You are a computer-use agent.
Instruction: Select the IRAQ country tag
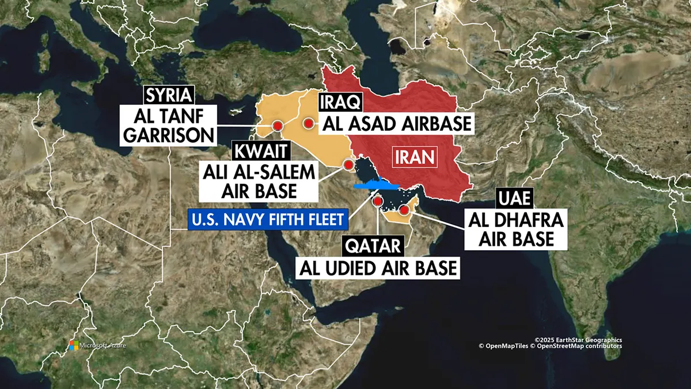(340, 103)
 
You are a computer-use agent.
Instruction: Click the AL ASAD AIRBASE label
(397, 123)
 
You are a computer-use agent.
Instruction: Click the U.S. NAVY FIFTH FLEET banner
(268, 219)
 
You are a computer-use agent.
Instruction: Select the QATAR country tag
(372, 246)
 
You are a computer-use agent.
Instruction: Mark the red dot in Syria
(278, 126)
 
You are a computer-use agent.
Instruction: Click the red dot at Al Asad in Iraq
(309, 123)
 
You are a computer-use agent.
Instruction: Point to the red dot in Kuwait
(348, 165)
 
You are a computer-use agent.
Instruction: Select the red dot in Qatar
(378, 202)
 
